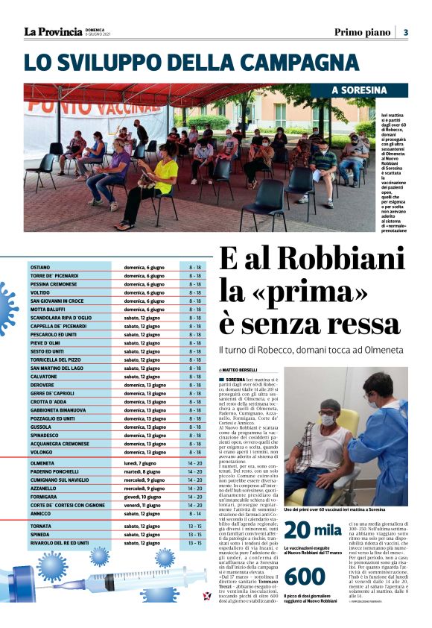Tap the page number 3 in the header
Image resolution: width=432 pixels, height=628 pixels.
[406, 32]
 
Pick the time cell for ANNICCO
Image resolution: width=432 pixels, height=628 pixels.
[194, 513]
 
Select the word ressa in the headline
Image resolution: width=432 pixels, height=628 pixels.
[366, 326]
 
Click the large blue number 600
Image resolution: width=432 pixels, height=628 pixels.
[305, 577]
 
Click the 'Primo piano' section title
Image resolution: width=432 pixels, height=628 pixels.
[362, 32]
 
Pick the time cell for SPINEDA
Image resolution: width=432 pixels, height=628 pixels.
[194, 534]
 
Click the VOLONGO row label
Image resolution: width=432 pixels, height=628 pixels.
[42, 451]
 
